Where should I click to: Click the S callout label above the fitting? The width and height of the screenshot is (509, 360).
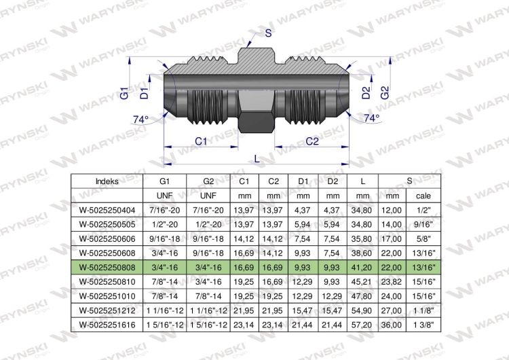click(x=268, y=33)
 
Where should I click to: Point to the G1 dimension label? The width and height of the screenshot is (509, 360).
click(x=124, y=93)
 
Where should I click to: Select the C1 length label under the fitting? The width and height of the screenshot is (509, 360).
click(x=201, y=141)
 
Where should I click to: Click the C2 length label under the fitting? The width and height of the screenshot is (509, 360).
click(x=312, y=141)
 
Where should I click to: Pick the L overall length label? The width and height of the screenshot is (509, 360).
click(x=257, y=159)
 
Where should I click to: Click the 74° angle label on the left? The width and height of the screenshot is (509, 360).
click(x=140, y=120)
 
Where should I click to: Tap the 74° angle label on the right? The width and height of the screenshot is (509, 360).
click(x=371, y=118)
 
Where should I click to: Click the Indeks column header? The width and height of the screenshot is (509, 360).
click(x=107, y=181)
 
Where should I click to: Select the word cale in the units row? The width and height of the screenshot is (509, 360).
click(x=423, y=196)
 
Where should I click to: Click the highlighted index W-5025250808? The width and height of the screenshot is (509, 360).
click(x=107, y=268)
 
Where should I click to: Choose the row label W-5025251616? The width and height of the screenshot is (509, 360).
click(x=107, y=325)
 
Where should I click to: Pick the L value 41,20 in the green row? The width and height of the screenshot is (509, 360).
click(x=362, y=268)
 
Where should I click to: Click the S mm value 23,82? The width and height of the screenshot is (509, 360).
click(x=392, y=282)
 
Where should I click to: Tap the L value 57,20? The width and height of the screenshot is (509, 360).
click(x=362, y=325)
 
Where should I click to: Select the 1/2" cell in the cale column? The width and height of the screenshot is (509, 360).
click(x=423, y=210)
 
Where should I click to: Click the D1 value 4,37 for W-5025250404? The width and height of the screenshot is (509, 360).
click(x=302, y=210)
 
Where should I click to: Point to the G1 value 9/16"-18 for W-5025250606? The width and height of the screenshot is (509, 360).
click(x=165, y=239)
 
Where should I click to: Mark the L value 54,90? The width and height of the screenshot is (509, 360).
click(x=362, y=310)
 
